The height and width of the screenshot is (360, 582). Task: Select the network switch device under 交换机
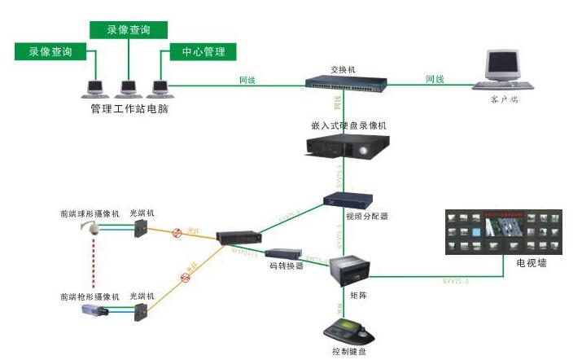(345, 82)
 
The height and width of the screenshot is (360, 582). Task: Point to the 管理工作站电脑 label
(130, 107)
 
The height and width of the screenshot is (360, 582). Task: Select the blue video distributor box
(347, 200)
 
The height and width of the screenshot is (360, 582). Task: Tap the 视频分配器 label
(366, 217)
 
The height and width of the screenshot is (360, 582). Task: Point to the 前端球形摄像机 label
(90, 213)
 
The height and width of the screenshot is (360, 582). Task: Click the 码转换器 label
(287, 266)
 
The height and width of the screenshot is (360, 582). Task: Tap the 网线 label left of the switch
(247, 80)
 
